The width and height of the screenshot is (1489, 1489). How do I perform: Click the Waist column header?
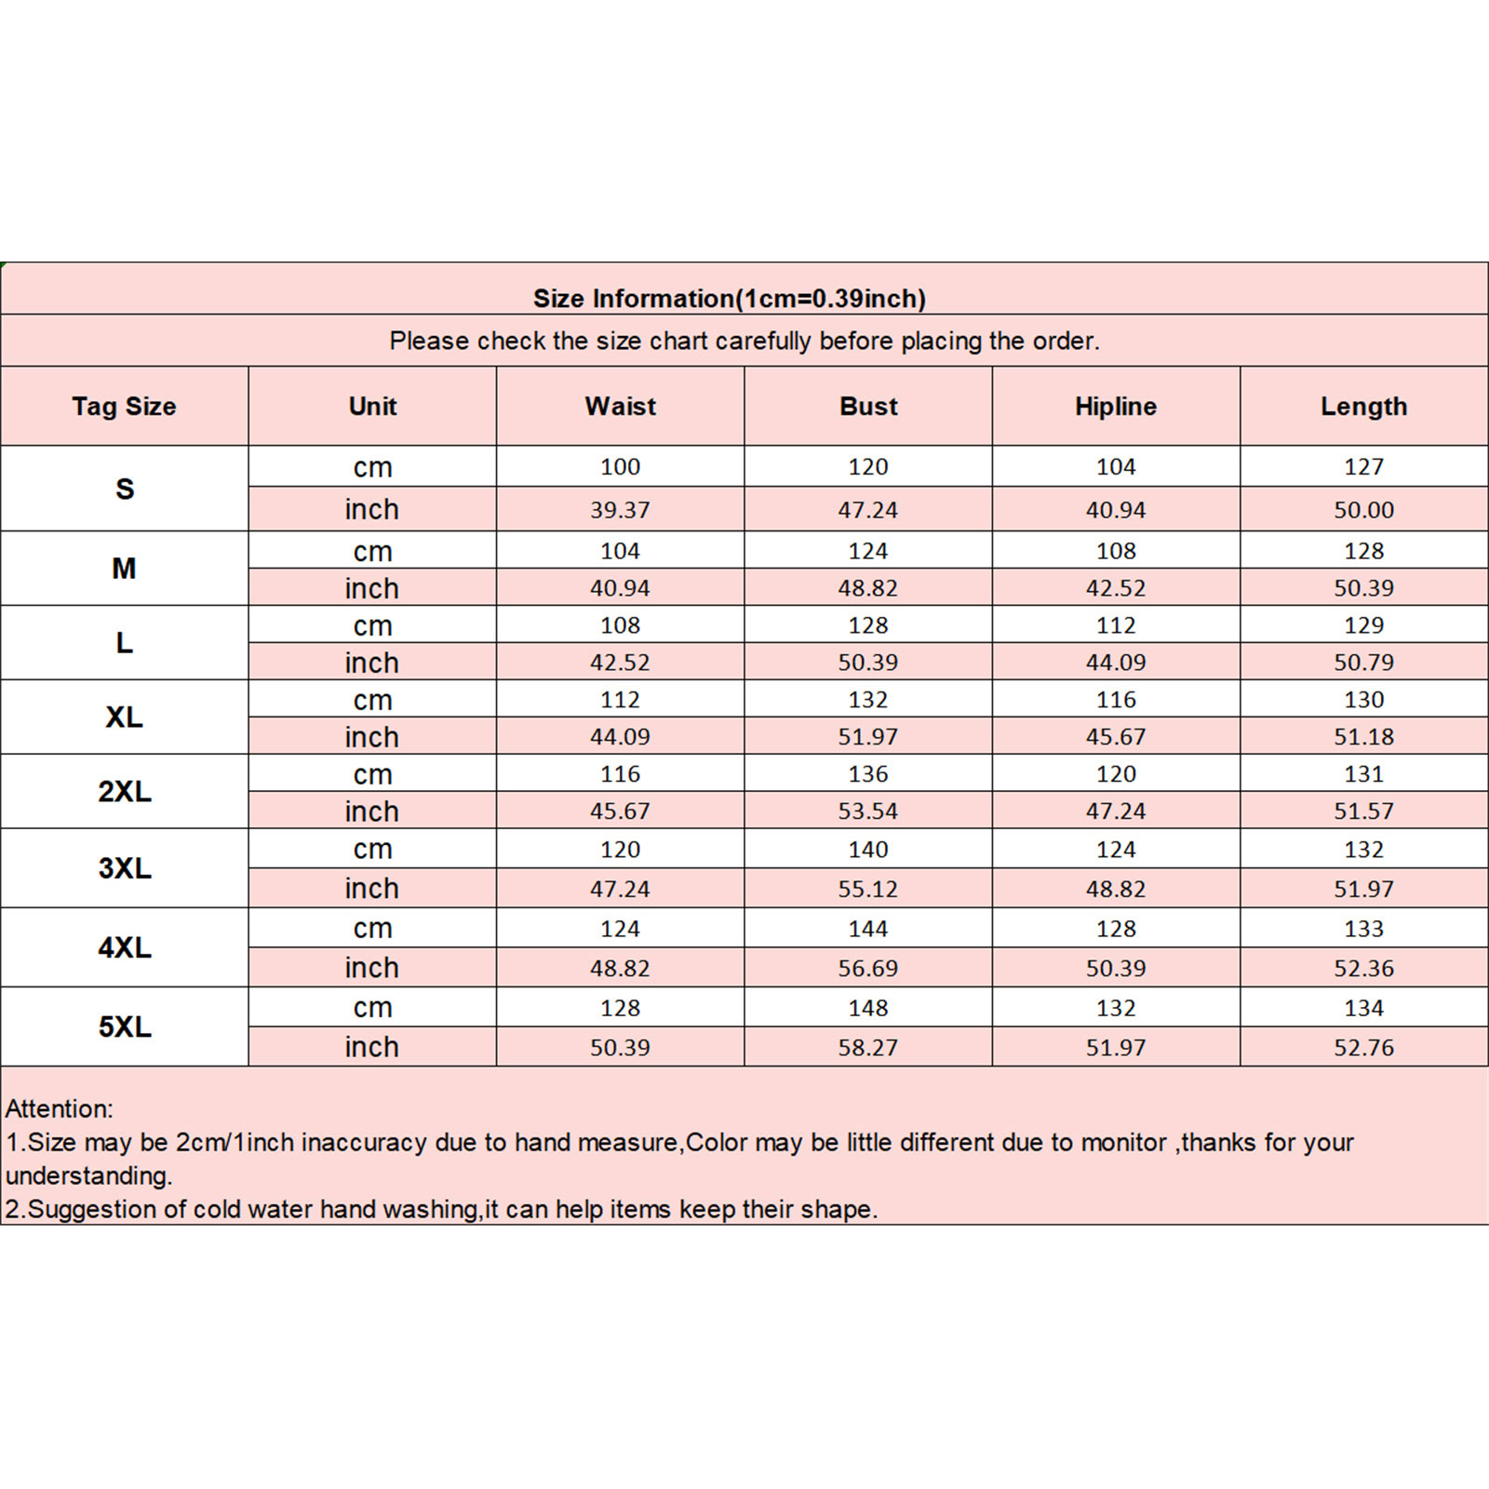[620, 407]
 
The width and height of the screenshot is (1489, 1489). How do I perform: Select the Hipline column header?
[1116, 407]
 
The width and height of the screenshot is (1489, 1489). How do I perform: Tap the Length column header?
[1363, 407]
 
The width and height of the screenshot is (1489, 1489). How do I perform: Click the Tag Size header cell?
[124, 407]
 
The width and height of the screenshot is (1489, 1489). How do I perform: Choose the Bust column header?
[868, 407]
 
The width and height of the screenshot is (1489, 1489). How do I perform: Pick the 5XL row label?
[124, 1026]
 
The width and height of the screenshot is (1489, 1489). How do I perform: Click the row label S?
[124, 489]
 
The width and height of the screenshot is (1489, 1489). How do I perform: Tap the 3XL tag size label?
[124, 868]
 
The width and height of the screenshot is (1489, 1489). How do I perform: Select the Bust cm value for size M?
[868, 551]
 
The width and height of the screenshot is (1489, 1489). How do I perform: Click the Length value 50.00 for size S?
[1363, 510]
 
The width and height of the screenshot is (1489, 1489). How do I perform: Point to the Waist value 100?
[620, 467]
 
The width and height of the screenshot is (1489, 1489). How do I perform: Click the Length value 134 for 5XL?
[1363, 1008]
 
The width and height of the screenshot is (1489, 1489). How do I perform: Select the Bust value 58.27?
[868, 1048]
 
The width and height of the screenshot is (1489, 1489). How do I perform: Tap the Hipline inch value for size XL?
[1116, 737]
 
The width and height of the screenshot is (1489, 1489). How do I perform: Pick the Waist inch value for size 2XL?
[620, 812]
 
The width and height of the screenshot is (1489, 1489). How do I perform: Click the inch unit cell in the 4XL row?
[371, 968]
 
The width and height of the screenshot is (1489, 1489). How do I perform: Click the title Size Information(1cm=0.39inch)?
[730, 299]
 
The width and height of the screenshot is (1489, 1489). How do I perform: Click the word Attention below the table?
[58, 1108]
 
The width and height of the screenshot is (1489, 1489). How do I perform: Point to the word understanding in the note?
[87, 1175]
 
